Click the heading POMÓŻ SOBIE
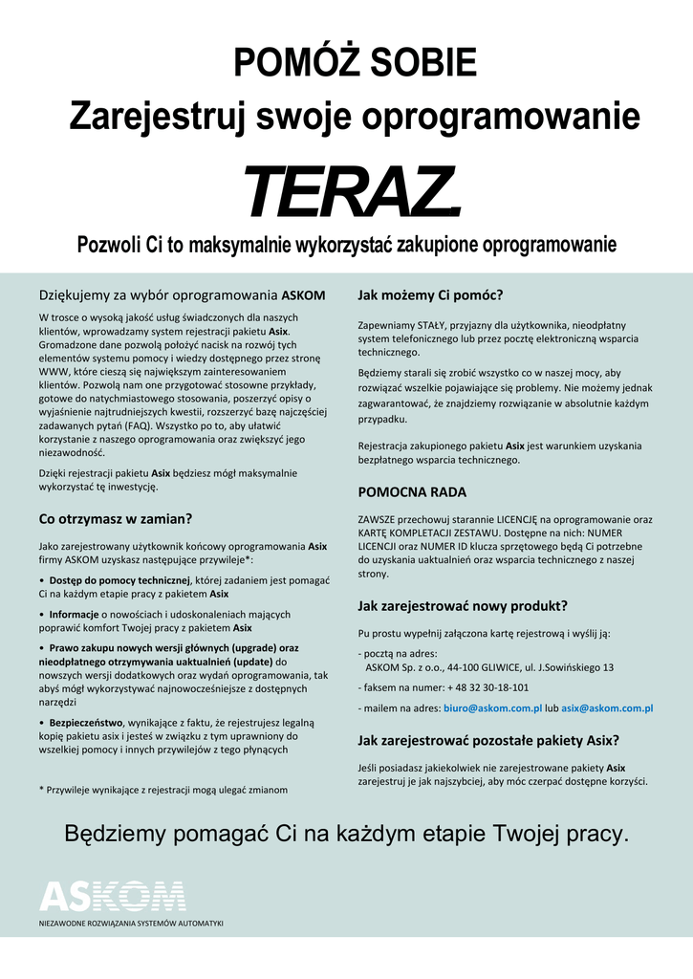coord(355,64)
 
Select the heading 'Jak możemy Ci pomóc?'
coord(430,294)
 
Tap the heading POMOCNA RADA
coord(412,492)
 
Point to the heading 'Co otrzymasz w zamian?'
coord(116,519)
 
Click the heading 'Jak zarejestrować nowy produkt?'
coord(463,605)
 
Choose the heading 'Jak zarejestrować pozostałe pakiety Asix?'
coord(488,739)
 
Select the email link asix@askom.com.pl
coord(607,708)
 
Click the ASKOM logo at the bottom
coord(112,896)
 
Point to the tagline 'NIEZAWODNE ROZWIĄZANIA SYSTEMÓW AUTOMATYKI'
coord(131,924)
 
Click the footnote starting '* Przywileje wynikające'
coord(162,790)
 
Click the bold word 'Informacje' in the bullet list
coord(76,615)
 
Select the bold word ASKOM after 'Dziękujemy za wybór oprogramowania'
coord(303,294)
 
